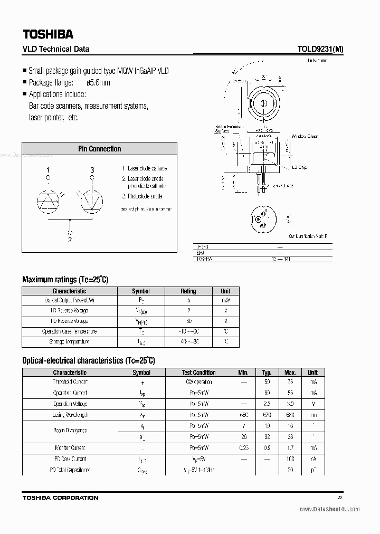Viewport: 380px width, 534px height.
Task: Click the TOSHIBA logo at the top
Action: click(48, 34)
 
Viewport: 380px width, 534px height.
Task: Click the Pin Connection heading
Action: click(100, 149)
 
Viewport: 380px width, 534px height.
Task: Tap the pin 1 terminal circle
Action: click(48, 178)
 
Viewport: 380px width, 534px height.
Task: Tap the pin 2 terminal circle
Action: click(70, 231)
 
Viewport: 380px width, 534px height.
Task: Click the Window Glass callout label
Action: click(305, 136)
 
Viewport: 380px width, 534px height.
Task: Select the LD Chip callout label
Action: click(299, 167)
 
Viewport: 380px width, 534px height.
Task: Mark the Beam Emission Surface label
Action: click(229, 129)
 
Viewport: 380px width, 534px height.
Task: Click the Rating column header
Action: click(188, 291)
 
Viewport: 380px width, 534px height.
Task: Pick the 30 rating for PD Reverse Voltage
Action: click(188, 321)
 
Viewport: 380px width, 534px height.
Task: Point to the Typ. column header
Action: click(267, 372)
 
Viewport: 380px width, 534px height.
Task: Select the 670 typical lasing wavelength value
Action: click(267, 415)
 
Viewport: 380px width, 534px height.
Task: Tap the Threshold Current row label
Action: click(70, 382)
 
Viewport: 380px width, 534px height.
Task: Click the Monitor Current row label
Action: click(70, 448)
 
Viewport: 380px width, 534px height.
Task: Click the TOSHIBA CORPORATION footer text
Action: click(60, 498)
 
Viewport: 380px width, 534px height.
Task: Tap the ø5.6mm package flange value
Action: click(98, 82)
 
